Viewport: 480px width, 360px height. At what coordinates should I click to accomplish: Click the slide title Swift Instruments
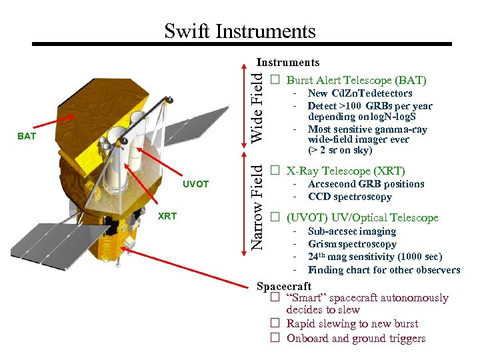[239, 31]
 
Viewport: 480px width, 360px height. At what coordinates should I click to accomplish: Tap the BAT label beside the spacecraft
[27, 136]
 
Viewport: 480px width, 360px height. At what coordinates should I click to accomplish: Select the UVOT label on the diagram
[195, 184]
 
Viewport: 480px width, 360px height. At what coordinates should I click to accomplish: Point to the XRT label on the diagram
[167, 216]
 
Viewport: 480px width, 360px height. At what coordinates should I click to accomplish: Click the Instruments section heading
[288, 63]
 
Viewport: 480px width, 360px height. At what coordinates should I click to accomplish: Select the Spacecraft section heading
[284, 287]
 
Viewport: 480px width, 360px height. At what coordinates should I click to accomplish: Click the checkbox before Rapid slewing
[274, 323]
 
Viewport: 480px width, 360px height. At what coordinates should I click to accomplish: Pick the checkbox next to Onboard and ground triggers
[274, 338]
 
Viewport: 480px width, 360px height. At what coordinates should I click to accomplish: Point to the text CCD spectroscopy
[350, 197]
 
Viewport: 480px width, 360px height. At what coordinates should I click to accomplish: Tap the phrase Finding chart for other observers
[383, 270]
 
